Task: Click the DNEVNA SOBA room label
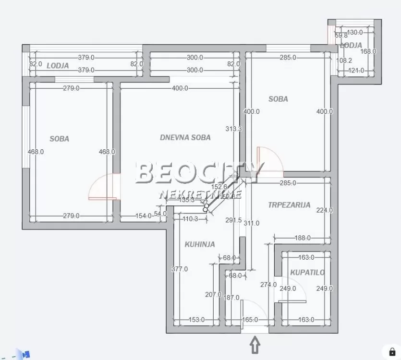185,137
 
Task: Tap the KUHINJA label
200,244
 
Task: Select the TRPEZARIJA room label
289,204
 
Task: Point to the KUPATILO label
307,272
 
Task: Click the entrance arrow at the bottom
255,345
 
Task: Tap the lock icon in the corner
392,351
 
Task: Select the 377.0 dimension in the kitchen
180,269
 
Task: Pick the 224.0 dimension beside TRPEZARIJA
325,210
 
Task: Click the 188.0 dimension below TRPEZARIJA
302,238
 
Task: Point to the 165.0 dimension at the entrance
250,320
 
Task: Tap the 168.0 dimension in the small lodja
368,51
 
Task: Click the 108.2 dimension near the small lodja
344,60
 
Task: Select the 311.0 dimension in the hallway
251,223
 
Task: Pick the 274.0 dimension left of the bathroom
268,284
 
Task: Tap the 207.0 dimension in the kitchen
213,295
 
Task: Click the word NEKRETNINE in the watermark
200,194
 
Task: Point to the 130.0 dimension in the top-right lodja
354,32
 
